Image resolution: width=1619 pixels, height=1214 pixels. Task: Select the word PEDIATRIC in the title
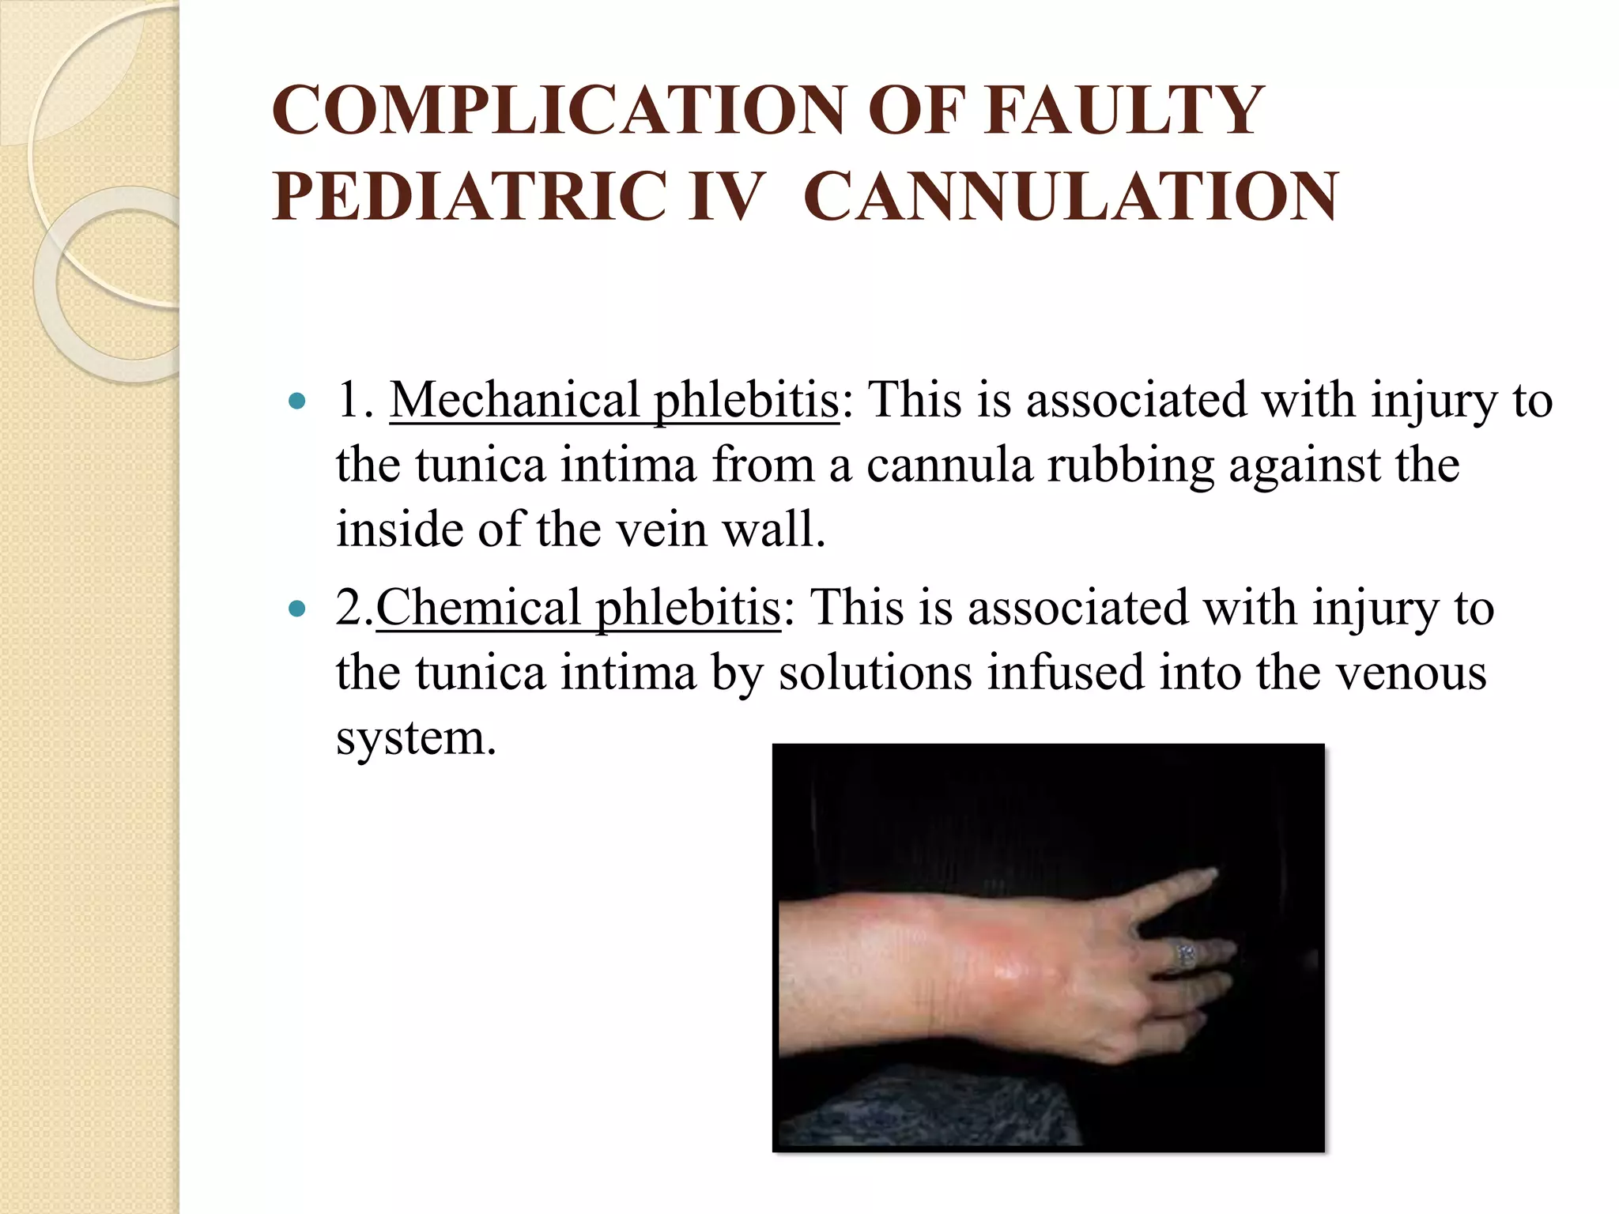click(x=469, y=197)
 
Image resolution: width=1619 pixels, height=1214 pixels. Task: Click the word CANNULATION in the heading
click(x=1071, y=197)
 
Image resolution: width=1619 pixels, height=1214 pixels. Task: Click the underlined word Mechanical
click(x=514, y=400)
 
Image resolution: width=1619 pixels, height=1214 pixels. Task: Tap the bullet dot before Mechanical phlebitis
click(x=297, y=402)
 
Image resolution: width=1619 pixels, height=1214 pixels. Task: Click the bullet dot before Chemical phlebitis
click(x=297, y=609)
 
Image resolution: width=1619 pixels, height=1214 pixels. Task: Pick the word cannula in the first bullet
click(x=949, y=465)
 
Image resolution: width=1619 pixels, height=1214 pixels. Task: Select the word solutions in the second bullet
click(x=875, y=673)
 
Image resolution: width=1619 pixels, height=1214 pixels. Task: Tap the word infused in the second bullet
click(x=1066, y=673)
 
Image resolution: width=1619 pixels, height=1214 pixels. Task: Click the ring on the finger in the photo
click(x=1187, y=955)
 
